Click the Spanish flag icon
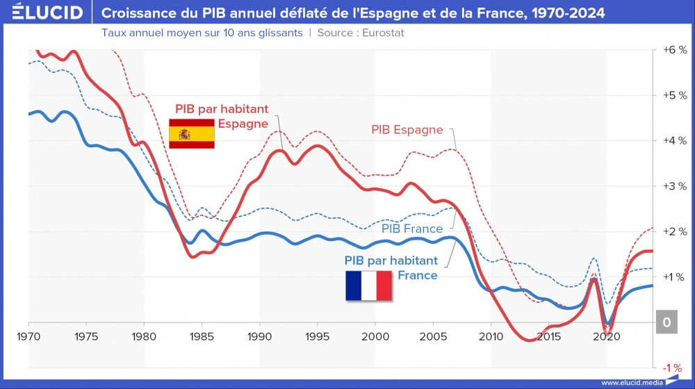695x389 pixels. (193, 133)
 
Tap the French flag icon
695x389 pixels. (368, 285)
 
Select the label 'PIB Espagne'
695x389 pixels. (407, 129)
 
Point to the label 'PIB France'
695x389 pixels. (412, 229)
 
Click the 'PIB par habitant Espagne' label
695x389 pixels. (221, 116)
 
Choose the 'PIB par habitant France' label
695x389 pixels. (391, 267)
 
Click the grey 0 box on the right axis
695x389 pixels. (667, 322)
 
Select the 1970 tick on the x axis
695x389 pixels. (29, 336)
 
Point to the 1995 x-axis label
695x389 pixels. (317, 336)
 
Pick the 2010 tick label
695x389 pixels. (491, 336)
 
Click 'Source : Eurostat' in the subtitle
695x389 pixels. (361, 33)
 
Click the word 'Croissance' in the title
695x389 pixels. (139, 13)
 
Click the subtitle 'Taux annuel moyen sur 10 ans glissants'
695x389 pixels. (202, 33)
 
